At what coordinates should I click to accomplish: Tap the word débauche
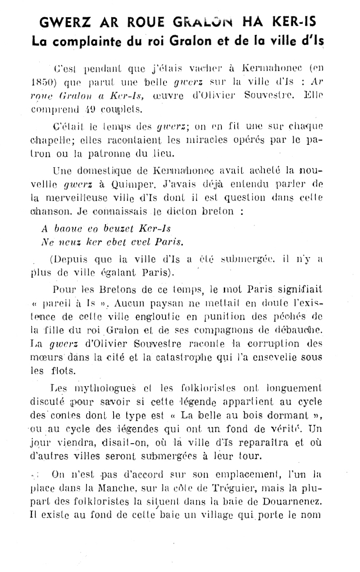[x=298, y=330]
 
